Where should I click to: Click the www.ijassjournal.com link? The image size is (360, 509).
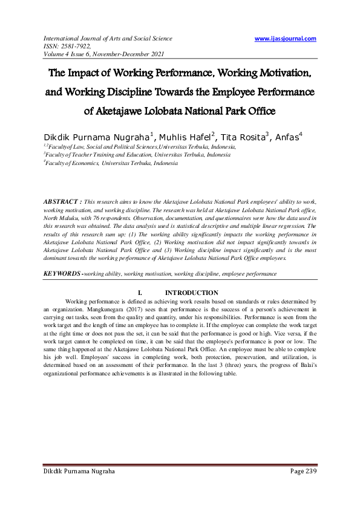click(285, 39)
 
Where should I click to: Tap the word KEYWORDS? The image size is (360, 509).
click(62, 274)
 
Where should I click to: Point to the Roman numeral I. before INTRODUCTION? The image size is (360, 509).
click(140, 293)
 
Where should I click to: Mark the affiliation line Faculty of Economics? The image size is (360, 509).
click(111, 163)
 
